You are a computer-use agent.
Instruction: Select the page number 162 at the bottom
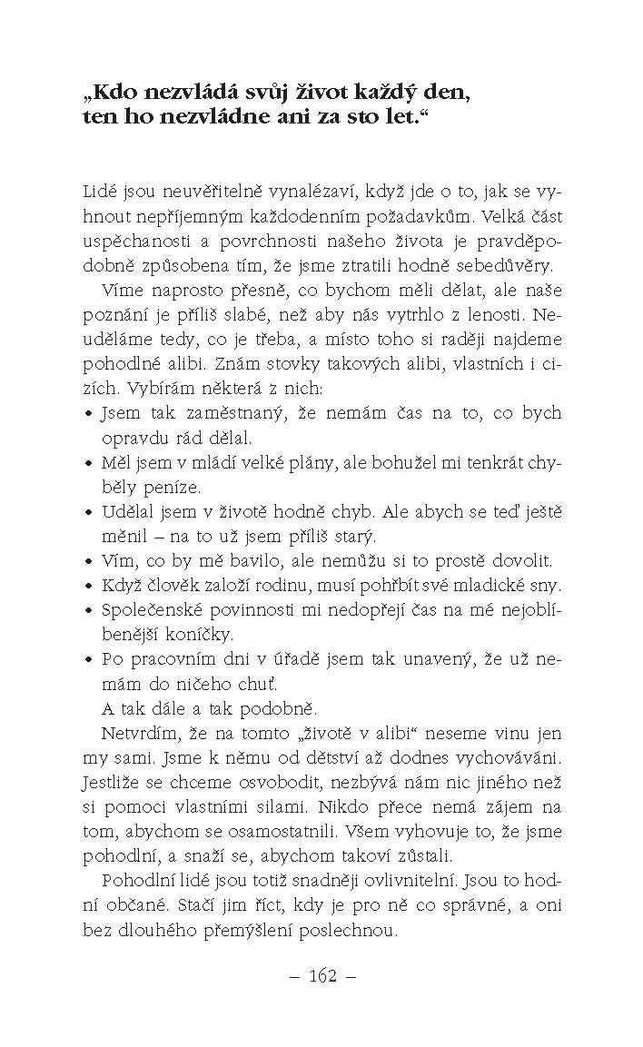pos(322,976)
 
